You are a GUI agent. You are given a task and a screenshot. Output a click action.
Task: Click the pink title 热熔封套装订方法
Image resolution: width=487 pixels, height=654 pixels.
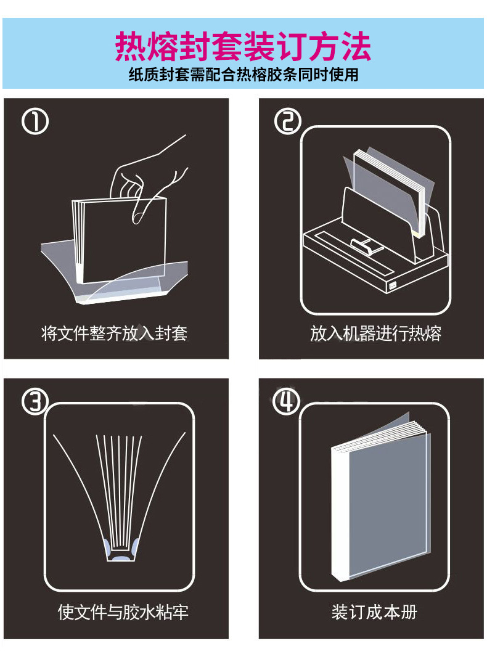(x=243, y=46)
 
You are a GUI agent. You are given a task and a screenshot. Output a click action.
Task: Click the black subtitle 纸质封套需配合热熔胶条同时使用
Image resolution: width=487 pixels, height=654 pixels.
(x=243, y=75)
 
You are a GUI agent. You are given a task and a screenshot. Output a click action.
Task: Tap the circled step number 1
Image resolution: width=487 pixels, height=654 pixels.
(x=35, y=122)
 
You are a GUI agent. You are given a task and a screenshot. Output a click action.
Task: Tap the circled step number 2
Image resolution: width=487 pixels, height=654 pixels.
(x=287, y=121)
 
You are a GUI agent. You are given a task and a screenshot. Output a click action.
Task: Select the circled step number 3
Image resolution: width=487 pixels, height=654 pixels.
(x=35, y=402)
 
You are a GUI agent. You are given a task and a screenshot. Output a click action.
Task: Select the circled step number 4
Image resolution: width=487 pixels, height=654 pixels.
(x=287, y=402)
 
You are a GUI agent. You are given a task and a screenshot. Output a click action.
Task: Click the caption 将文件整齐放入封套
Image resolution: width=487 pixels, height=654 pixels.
(x=114, y=334)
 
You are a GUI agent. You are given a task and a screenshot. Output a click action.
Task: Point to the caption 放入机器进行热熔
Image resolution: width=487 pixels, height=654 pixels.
(x=375, y=334)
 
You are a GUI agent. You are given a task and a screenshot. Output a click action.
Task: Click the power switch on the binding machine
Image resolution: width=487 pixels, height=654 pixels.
(x=392, y=285)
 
